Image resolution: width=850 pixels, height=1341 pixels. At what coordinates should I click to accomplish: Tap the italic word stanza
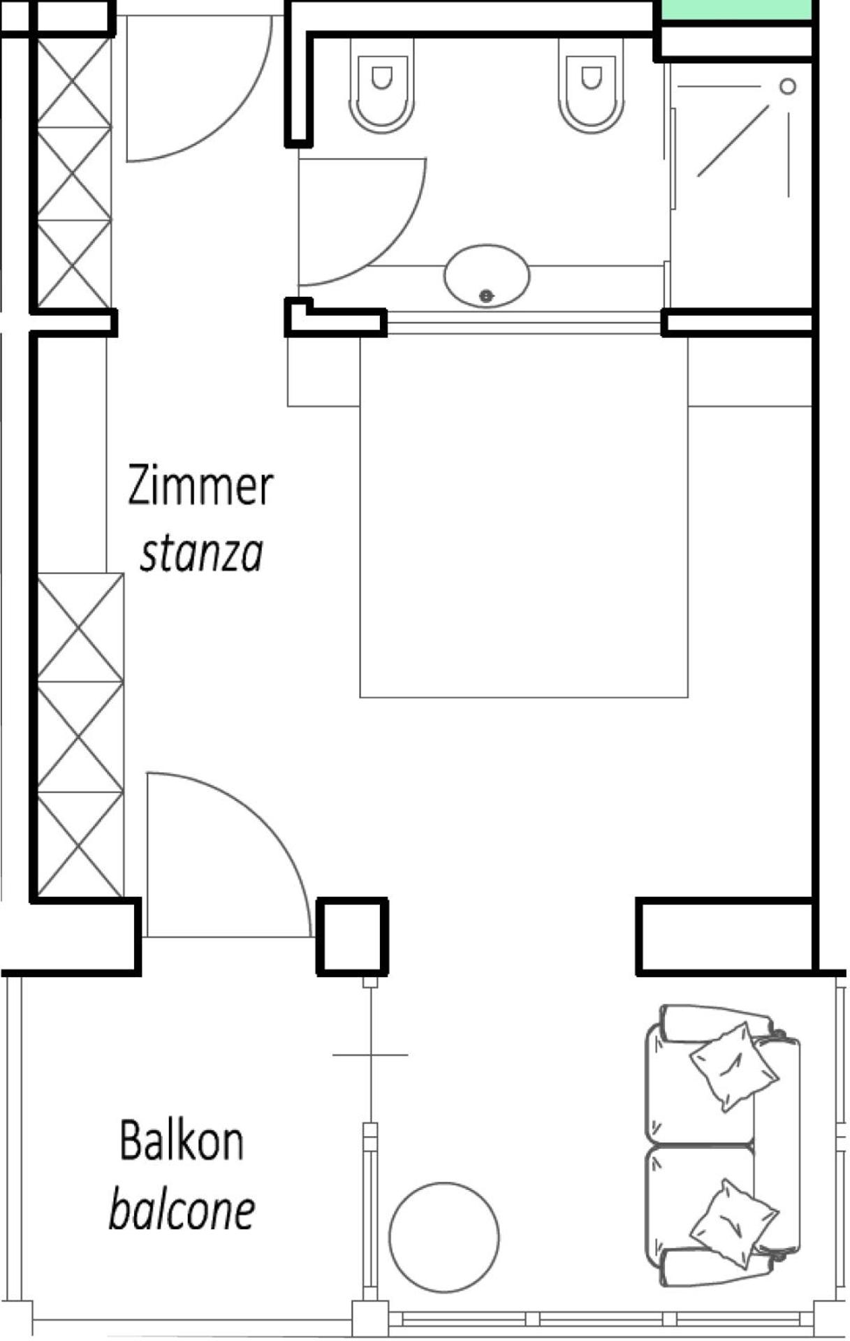(x=202, y=554)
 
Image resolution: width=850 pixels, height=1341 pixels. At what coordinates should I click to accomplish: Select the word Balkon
(x=182, y=1141)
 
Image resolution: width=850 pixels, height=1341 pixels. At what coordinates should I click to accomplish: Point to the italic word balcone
(x=182, y=1210)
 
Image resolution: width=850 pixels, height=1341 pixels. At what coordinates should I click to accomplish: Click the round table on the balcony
(x=444, y=1237)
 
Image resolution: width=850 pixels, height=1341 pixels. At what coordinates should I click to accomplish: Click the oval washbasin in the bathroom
(x=487, y=275)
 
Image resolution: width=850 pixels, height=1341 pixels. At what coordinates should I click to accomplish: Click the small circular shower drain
(x=788, y=87)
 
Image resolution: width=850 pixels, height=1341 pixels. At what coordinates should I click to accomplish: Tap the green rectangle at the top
(x=738, y=10)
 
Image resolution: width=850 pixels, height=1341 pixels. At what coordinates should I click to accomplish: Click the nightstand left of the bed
(x=323, y=371)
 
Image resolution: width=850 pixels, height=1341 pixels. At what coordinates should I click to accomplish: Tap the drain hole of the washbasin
(x=487, y=296)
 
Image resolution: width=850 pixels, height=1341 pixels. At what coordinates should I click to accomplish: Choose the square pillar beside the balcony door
(x=352, y=936)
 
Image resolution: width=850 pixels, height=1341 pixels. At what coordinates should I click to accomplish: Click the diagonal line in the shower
(x=733, y=140)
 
